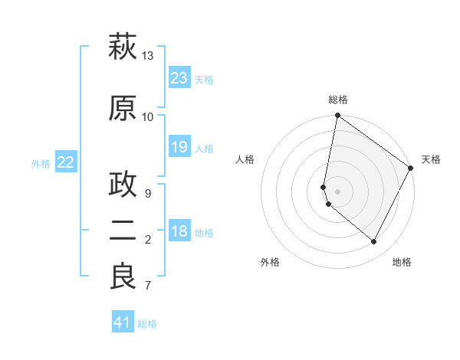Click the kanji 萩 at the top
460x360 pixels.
[x=123, y=48]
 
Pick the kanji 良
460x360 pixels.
[x=123, y=276]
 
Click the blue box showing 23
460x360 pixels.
[x=179, y=78]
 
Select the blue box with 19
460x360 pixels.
[x=179, y=147]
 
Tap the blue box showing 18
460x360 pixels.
[x=179, y=231]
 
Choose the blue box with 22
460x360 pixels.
[x=66, y=162]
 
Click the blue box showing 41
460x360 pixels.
[x=123, y=322]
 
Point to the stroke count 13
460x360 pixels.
[x=148, y=56]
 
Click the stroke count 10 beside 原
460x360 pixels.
[x=148, y=116]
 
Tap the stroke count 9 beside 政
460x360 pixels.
[x=148, y=193]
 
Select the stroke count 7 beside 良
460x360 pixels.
[x=148, y=286]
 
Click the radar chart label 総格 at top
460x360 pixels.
[x=338, y=100]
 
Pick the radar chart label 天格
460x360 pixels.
[x=431, y=159]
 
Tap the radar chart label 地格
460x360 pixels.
[x=402, y=262]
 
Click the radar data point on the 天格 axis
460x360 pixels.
[x=411, y=169]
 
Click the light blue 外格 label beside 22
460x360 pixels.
[x=41, y=163]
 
